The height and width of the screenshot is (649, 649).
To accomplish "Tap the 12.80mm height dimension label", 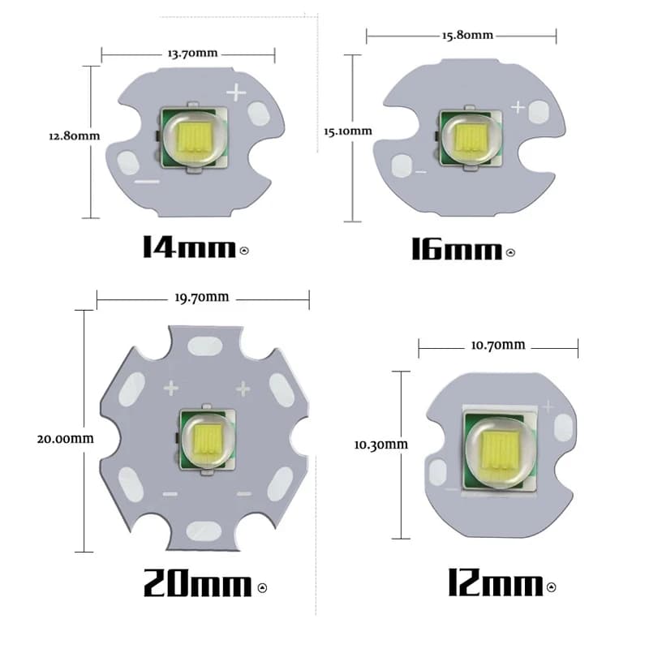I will [x=74, y=135].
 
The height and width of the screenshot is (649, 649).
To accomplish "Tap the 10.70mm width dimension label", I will [x=498, y=346].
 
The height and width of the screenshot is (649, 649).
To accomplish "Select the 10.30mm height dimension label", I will [x=380, y=444].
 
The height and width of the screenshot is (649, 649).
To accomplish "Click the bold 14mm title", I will [x=188, y=247].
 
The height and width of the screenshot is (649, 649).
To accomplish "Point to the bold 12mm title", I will [x=494, y=582].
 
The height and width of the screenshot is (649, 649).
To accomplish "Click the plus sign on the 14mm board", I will [x=235, y=92].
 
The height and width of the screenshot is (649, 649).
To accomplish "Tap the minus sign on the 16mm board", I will [x=420, y=171].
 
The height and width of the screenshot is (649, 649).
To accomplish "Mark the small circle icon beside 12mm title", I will [x=552, y=587].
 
